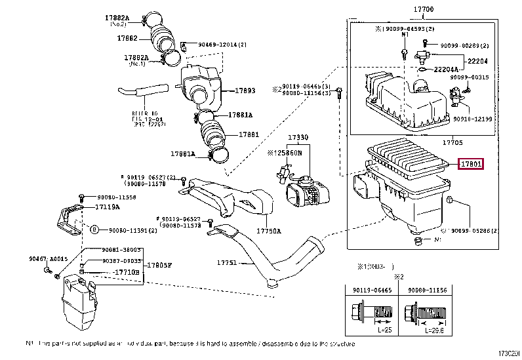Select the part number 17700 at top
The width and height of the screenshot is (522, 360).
coord(424,10)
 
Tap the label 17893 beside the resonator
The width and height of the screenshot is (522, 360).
coord(245,91)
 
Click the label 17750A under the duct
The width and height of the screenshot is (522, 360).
coord(269,231)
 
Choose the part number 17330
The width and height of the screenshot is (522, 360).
coord(298,138)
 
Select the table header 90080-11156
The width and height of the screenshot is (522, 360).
coord(426,288)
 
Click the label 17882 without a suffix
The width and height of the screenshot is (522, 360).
coord(127,39)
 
